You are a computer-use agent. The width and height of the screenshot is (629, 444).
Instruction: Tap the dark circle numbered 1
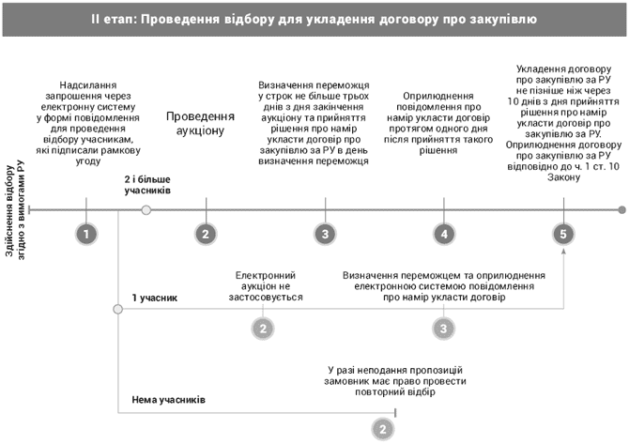[86, 234]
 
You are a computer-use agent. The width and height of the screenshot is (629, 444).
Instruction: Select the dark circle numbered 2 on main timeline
[205, 234]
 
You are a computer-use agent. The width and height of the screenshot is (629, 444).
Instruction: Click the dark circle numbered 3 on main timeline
[324, 234]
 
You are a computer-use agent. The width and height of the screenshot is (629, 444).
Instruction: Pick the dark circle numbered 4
[443, 234]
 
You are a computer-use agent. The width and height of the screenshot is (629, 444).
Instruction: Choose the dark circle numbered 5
[562, 234]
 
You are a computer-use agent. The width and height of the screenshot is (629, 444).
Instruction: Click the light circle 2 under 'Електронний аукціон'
[264, 328]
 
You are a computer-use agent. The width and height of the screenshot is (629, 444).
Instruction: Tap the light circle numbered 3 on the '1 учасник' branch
[443, 328]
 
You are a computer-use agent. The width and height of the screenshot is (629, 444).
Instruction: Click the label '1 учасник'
[154, 298]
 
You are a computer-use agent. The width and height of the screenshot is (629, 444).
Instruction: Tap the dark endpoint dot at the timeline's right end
[621, 209]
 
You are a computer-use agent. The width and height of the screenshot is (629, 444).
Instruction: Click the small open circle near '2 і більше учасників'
[146, 209]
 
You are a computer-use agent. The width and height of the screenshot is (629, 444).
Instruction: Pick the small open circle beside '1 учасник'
[117, 309]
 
